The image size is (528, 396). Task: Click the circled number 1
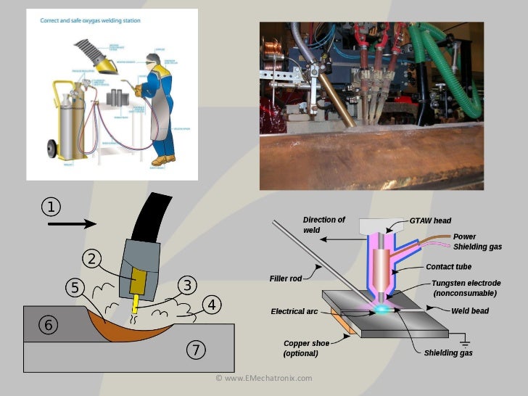tap(50, 207)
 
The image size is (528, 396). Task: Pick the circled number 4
tap(211, 305)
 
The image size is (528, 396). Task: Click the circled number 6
tap(49, 325)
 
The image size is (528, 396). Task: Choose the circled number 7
tap(194, 350)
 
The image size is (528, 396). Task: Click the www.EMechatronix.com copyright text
tap(264, 378)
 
